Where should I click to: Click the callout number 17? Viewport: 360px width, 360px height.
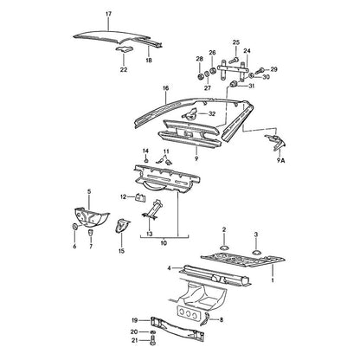coord(108,14)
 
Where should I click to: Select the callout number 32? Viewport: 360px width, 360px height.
coord(212,113)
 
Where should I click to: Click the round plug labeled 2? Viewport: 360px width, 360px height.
coord(224,247)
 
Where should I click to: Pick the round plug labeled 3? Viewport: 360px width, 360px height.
coord(256,253)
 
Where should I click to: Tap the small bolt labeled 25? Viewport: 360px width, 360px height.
coord(234,61)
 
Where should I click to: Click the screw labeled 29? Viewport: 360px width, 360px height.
coord(260,70)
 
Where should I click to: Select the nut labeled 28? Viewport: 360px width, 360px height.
coord(200,76)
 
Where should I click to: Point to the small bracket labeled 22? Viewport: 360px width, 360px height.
coord(125,49)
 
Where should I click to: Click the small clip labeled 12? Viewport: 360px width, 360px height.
coord(140,198)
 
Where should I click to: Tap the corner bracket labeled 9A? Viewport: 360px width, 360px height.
coord(275,142)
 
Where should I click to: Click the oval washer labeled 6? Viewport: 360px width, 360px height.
coord(74,227)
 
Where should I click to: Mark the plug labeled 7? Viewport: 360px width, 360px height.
coord(91,232)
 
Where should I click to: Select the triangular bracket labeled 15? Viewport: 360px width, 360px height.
coord(122,226)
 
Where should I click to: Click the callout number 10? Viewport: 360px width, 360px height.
coord(164,243)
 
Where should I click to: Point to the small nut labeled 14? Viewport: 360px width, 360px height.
coord(146,160)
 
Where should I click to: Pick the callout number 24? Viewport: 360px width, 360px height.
coord(247,51)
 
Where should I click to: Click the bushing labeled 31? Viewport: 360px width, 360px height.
coord(234,84)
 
